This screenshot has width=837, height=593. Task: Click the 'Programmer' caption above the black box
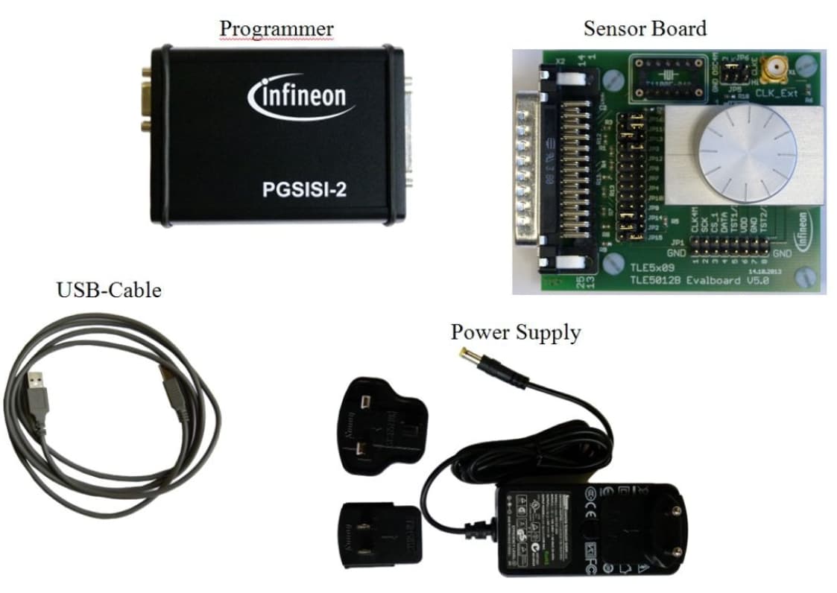pos(276,28)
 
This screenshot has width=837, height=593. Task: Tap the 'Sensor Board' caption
pos(644,28)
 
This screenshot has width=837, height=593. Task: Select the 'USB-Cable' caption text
pos(109,289)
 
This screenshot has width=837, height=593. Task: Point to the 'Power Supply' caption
pos(515,332)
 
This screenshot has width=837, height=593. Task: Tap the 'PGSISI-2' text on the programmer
pos(303,189)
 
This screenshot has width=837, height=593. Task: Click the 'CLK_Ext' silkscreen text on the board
pos(777,94)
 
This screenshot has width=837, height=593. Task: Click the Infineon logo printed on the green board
pos(804,232)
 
